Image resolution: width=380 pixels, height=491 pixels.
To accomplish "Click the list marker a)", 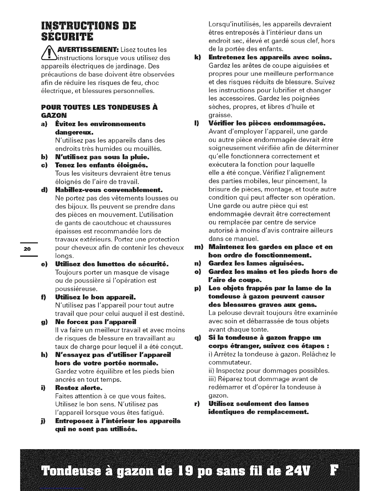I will (x=44, y=124).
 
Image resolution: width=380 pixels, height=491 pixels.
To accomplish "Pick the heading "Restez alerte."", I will (x=79, y=388).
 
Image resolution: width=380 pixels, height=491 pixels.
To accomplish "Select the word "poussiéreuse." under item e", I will (x=76, y=289).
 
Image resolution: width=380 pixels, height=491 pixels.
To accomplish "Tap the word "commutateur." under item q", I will (x=229, y=362).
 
